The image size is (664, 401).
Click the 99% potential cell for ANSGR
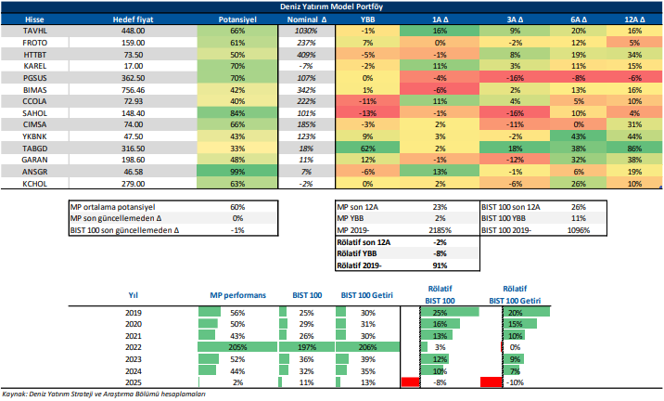pos(237,173)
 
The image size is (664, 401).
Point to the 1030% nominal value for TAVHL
pos(307,31)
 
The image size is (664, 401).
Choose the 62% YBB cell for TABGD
pos(369,149)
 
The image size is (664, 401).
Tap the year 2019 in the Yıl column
pos(134,312)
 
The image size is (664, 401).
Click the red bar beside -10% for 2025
pos(491,382)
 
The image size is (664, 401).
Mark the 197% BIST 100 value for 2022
pos(307,347)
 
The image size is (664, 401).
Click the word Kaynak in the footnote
pos(16,395)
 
